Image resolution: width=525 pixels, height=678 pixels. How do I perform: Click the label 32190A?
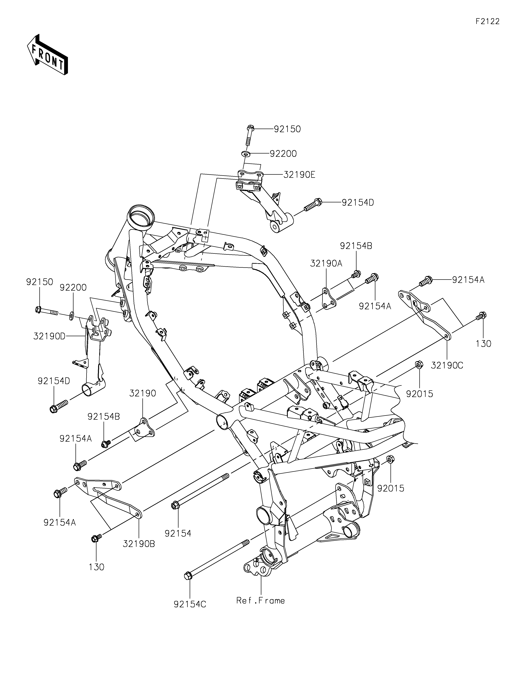click(326, 264)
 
